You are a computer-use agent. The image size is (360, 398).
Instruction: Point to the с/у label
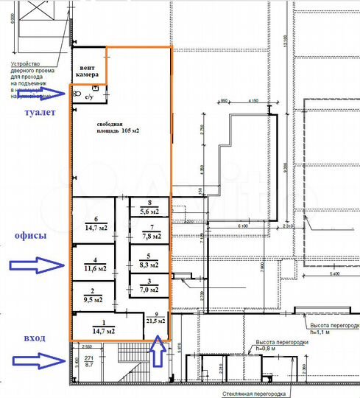[89, 96]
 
